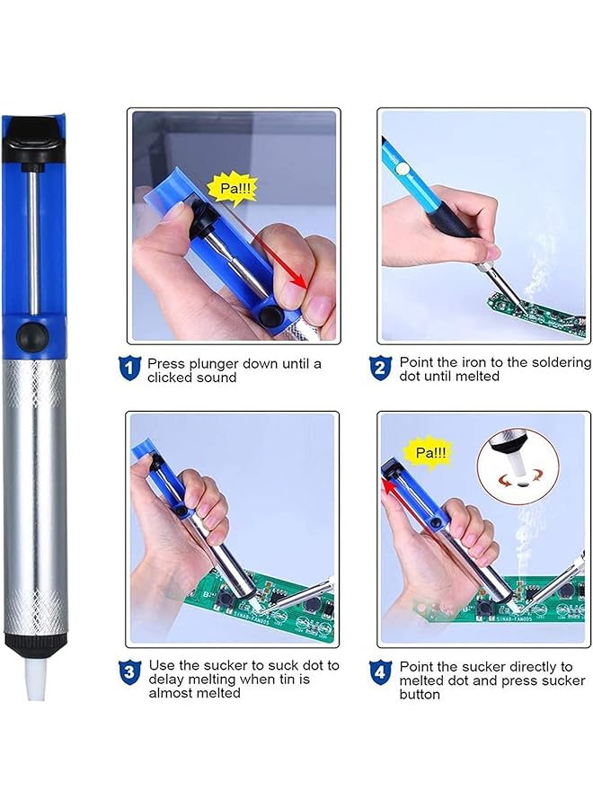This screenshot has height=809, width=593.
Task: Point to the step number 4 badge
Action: (381, 671)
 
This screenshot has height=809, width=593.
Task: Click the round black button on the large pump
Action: (35, 335)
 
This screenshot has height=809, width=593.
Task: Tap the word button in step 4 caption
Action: (420, 695)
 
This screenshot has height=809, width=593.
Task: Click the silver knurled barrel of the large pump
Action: (35, 494)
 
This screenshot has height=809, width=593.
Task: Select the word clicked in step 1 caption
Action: (169, 378)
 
